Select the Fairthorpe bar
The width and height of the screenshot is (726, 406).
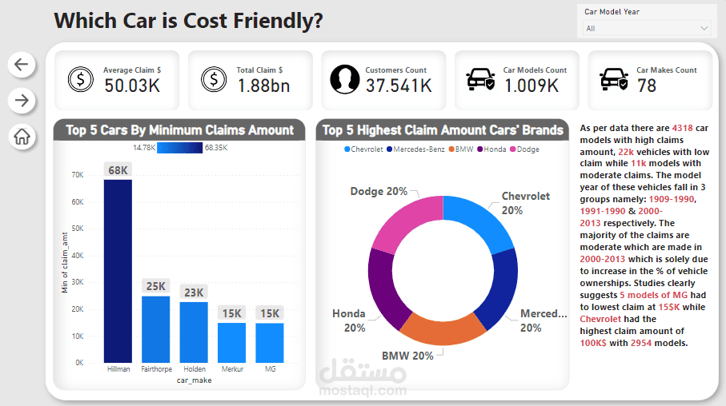[155, 329]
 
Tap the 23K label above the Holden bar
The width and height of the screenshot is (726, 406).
[193, 293]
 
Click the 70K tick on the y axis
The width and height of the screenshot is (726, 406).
[78, 175]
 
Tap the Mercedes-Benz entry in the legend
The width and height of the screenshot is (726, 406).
[417, 149]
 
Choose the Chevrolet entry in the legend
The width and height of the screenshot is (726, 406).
[367, 149]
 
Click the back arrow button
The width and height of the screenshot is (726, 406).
[22, 65]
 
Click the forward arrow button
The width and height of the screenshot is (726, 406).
[22, 100]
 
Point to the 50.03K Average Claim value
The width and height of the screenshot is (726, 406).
[132, 86]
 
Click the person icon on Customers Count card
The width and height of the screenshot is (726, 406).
[345, 78]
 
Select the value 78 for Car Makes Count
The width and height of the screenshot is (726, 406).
[647, 86]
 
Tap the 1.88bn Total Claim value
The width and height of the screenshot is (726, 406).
[263, 86]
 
